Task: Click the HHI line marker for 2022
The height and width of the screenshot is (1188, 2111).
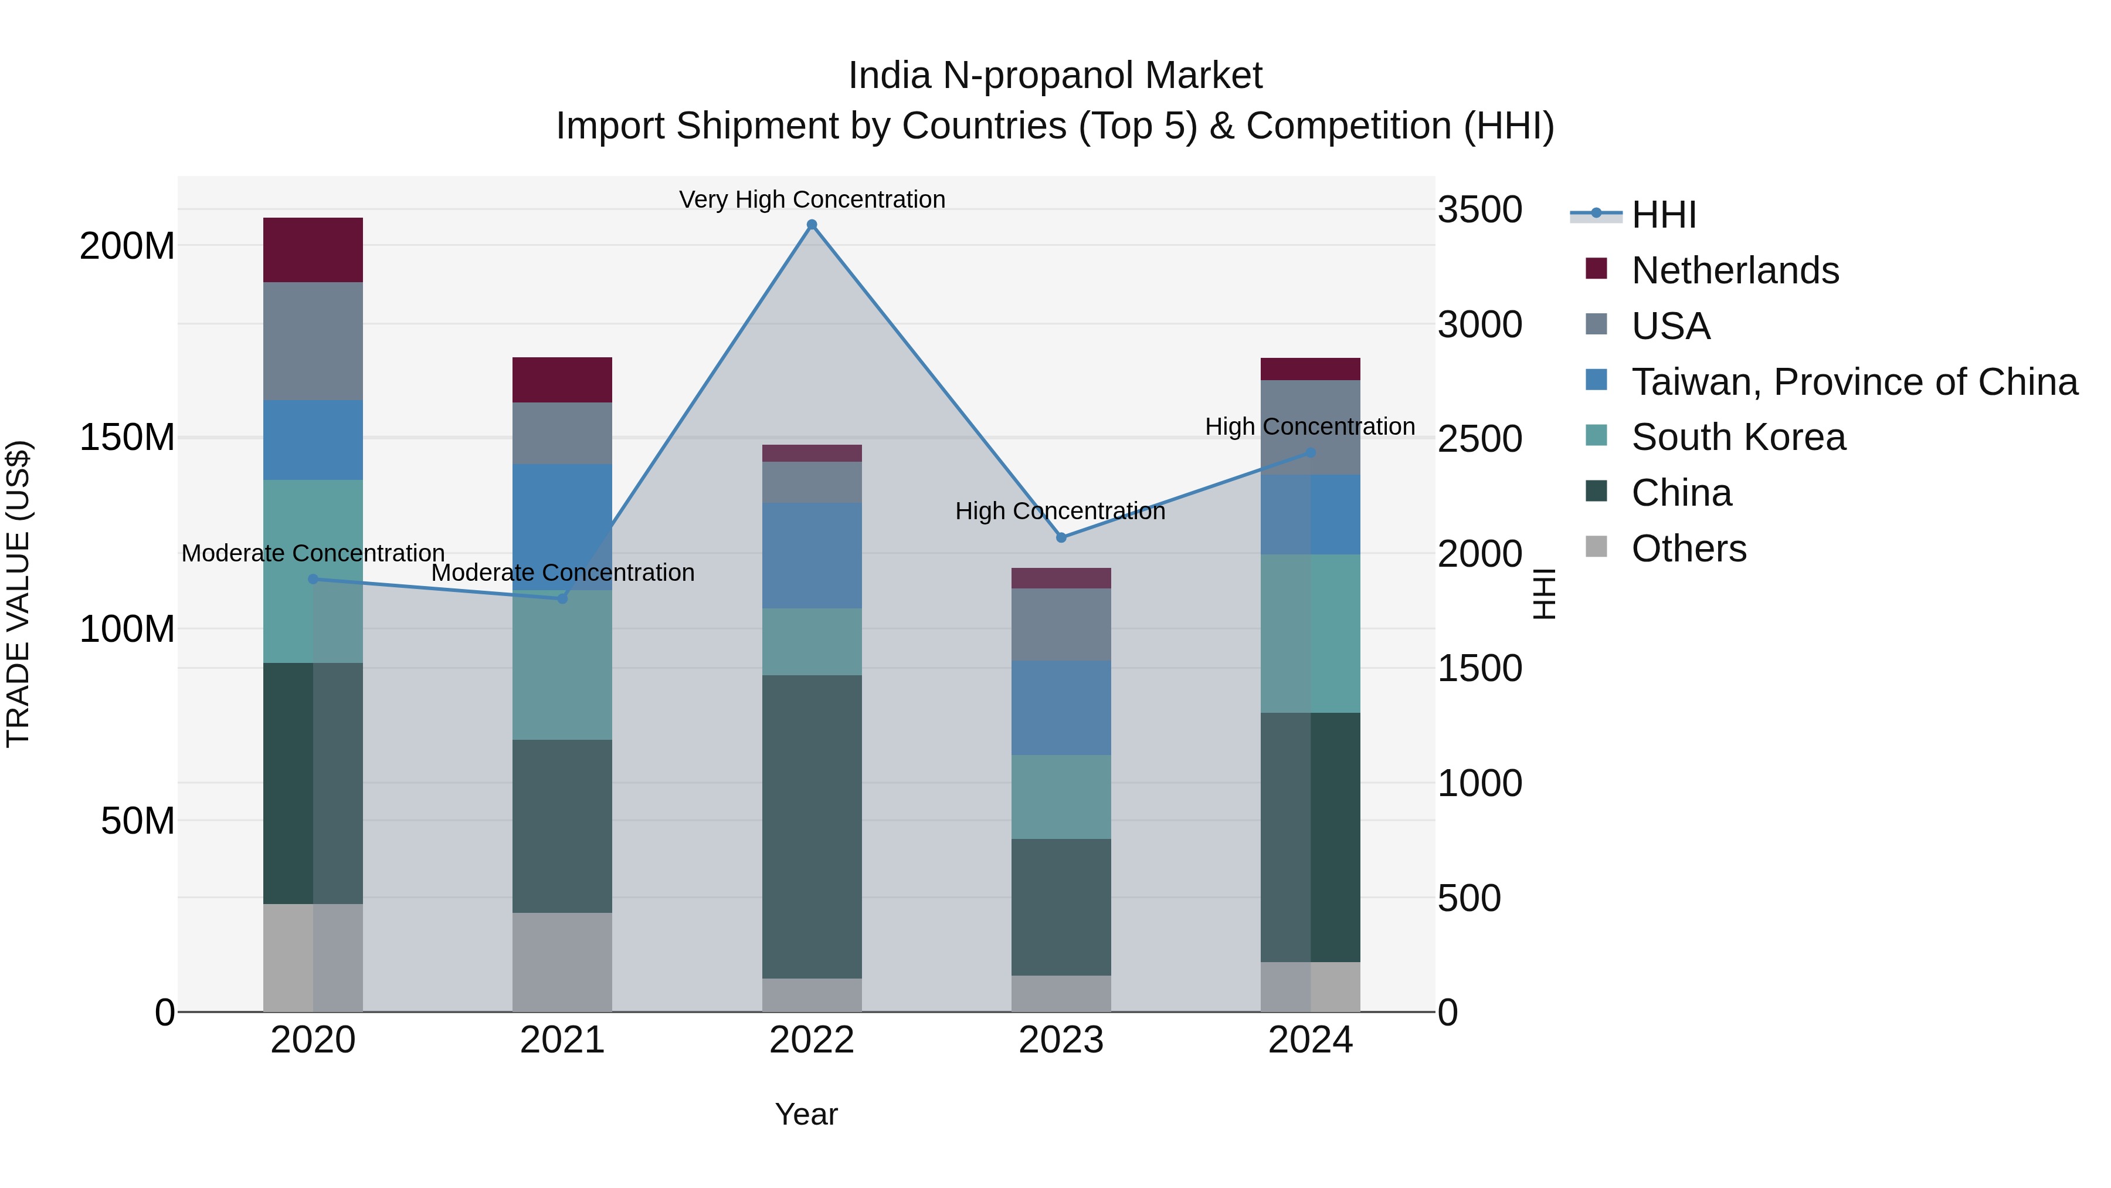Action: click(x=812, y=225)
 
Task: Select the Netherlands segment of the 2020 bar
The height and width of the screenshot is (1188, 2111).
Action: click(x=313, y=250)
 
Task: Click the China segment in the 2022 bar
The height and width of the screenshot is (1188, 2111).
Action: click(x=812, y=827)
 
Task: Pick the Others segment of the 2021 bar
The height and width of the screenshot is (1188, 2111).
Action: click(x=562, y=962)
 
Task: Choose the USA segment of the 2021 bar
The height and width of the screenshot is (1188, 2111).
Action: click(x=562, y=433)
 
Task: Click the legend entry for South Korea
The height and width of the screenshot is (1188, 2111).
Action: click(x=1737, y=437)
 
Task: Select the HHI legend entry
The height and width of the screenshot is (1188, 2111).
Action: click(x=1663, y=215)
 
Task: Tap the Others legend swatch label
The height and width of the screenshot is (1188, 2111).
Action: click(x=1688, y=549)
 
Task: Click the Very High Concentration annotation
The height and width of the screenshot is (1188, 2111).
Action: click(x=812, y=199)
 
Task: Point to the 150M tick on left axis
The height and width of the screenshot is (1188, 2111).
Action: click(x=127, y=437)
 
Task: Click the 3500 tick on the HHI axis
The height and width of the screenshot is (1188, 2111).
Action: click(x=1479, y=210)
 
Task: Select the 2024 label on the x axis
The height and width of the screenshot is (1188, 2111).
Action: click(x=1309, y=1040)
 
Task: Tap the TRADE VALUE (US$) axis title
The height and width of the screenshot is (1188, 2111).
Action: click(x=18, y=594)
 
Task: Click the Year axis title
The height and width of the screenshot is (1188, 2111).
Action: click(x=806, y=1114)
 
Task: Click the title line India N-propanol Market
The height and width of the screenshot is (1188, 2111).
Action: click(x=1055, y=76)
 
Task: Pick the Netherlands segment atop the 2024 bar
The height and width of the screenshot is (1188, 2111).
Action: click(x=1309, y=369)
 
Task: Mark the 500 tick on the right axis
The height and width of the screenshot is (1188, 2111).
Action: click(x=1468, y=898)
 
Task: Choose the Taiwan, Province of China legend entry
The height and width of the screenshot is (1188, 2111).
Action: click(x=1854, y=381)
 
